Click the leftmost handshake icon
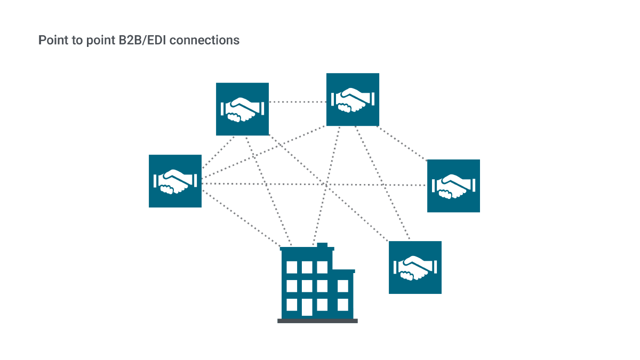click(175, 181)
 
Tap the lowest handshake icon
click(415, 268)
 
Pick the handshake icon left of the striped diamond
click(242, 109)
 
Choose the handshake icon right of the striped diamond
click(353, 99)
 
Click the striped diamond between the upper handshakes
click(298, 101)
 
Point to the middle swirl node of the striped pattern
click(325, 185)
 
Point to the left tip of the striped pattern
click(203, 182)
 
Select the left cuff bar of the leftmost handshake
click(155, 181)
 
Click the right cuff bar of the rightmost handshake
click(473, 185)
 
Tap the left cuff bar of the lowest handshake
click(395, 268)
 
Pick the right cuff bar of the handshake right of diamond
click(373, 99)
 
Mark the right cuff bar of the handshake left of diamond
click(262, 108)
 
